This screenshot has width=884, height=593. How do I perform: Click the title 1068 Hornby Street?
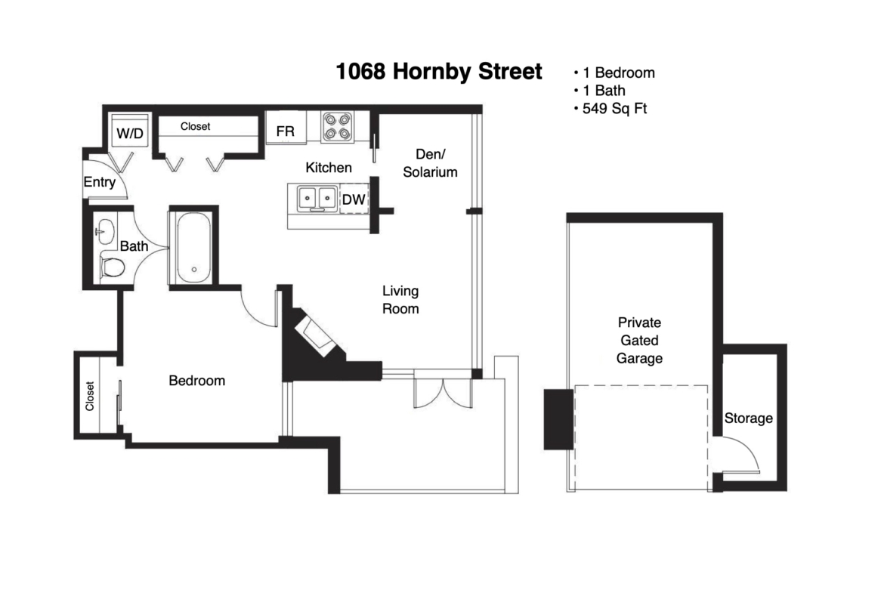[439, 72]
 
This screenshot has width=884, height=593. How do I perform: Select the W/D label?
[130, 134]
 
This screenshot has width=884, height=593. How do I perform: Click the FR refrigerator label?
[286, 131]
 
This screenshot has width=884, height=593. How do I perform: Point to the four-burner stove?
[338, 127]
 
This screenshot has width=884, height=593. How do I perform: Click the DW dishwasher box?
[354, 199]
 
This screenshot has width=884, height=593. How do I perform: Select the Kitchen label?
[329, 168]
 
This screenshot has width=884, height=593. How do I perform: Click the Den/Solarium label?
[430, 163]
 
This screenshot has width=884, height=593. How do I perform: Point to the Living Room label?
[400, 300]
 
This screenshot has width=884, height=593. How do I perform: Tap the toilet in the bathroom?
[112, 267]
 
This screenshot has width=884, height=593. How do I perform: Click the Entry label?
[99, 182]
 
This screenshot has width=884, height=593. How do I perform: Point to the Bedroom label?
[196, 381]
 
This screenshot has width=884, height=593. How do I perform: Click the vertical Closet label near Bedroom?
[90, 396]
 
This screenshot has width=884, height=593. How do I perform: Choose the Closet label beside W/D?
[195, 127]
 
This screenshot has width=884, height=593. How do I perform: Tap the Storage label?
[748, 418]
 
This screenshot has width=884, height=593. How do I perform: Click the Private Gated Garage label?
[638, 340]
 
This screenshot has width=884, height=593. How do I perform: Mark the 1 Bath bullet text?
[604, 90]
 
